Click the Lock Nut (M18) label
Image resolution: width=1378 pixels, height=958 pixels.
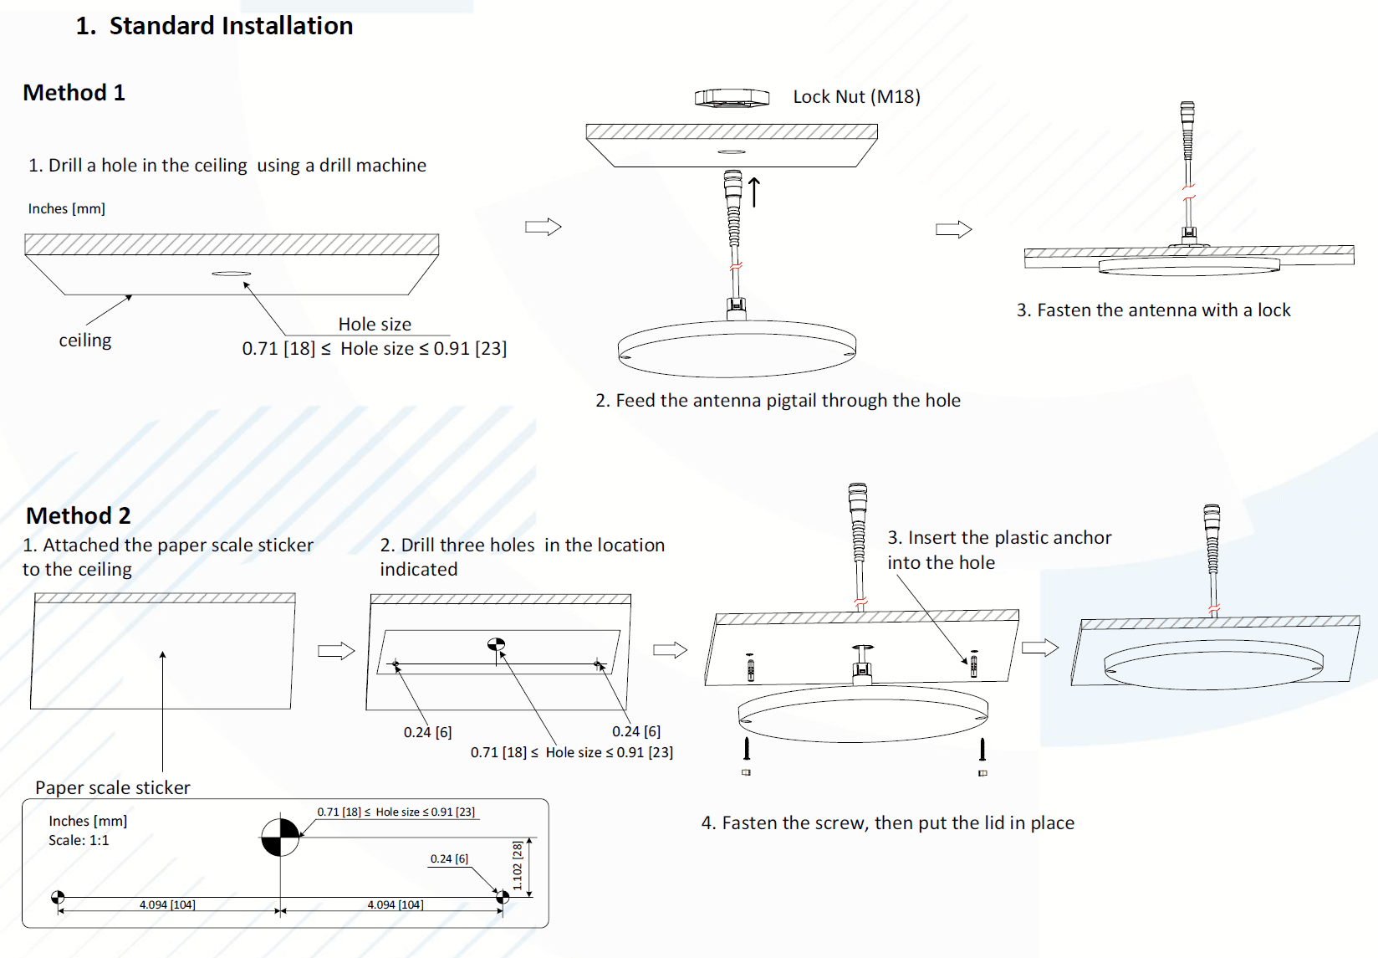(856, 97)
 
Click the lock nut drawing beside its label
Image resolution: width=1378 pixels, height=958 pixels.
(732, 98)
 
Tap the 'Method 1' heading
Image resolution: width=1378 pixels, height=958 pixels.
(74, 93)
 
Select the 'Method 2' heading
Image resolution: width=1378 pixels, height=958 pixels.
(78, 515)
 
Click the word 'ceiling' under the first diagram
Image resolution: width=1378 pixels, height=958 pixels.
(84, 341)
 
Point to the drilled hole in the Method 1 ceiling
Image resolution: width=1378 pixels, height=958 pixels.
(231, 274)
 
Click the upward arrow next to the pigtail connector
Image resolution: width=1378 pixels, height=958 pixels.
(754, 192)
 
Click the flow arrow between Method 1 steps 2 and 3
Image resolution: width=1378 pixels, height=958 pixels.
(953, 229)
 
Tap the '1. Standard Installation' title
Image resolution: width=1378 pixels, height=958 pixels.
(214, 26)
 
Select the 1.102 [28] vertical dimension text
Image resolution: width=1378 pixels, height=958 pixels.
(518, 866)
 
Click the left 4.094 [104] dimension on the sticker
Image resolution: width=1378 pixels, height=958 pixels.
(167, 904)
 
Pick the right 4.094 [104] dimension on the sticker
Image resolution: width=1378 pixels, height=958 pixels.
(396, 904)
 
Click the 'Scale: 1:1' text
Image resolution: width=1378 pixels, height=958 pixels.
(79, 840)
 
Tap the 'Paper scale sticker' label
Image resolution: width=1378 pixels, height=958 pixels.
(113, 787)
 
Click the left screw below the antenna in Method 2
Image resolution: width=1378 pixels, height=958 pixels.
(747, 748)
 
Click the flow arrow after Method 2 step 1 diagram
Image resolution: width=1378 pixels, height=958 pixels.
(336, 651)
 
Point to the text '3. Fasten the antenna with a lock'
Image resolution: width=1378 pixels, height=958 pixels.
(1153, 310)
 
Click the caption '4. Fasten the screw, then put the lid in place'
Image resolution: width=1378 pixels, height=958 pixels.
(887, 823)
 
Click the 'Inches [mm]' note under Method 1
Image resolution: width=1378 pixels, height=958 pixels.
(67, 209)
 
